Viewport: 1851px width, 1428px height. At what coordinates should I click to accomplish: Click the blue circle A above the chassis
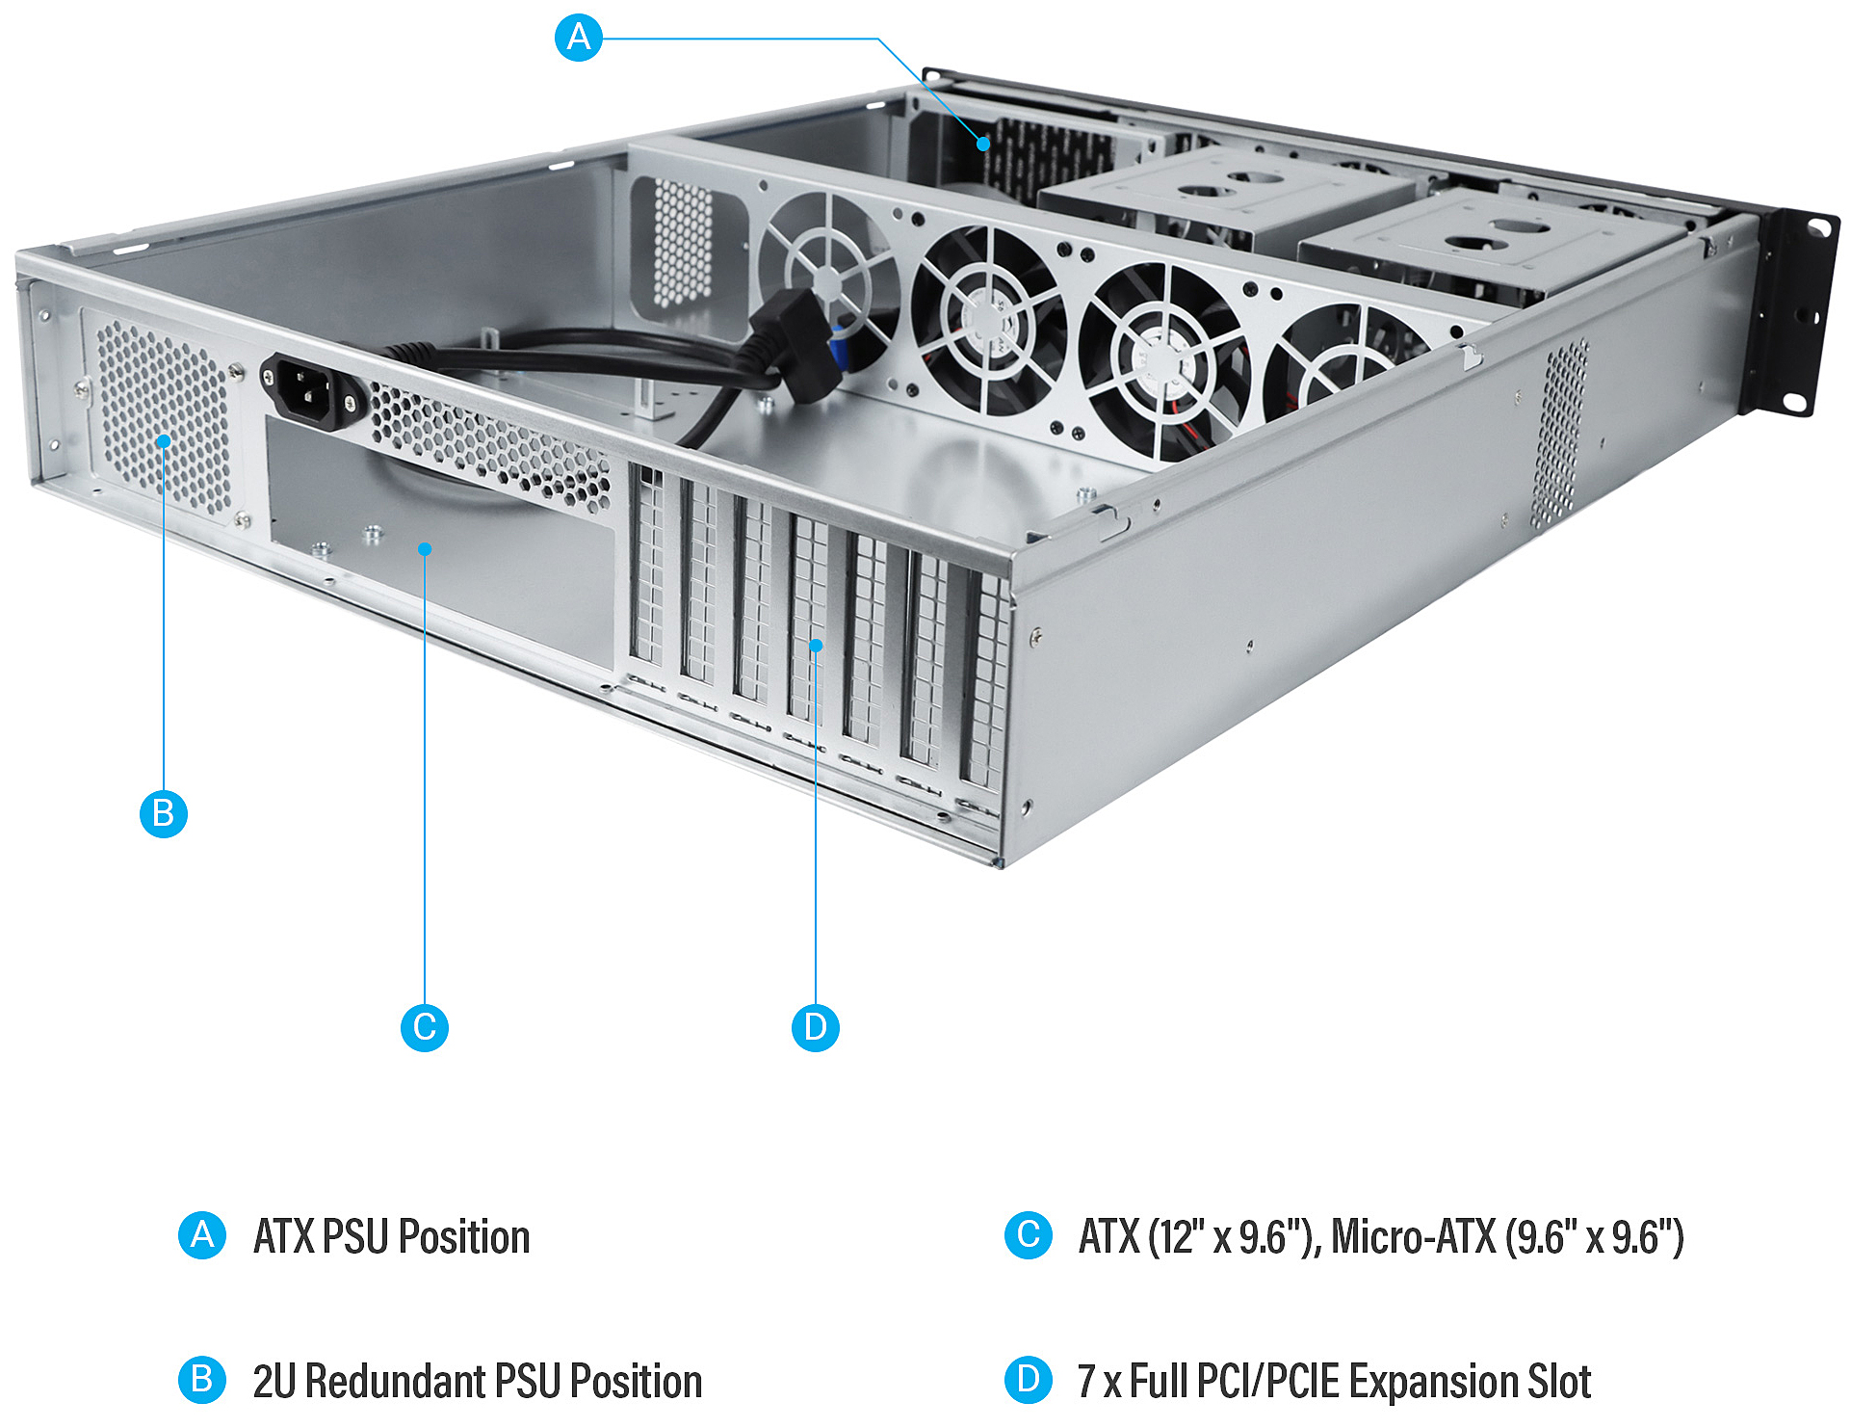point(579,38)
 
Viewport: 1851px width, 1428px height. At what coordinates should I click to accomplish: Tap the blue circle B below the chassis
point(164,813)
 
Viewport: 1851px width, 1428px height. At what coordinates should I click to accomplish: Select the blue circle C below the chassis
point(424,1027)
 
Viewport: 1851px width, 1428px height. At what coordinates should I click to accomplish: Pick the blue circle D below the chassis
point(815,1027)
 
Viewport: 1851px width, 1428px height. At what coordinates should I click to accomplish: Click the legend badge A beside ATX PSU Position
point(202,1235)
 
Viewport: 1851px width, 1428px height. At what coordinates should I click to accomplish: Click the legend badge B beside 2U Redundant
point(202,1380)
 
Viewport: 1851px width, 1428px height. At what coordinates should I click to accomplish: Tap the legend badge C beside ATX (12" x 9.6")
point(1028,1235)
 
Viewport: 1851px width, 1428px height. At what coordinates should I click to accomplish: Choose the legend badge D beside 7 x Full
point(1028,1380)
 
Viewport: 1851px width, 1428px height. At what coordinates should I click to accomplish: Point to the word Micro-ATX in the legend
point(1413,1237)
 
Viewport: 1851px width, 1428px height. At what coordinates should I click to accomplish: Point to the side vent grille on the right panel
point(1560,434)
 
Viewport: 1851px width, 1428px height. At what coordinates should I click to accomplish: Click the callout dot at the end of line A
point(983,144)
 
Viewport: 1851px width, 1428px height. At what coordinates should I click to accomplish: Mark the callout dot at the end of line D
point(816,645)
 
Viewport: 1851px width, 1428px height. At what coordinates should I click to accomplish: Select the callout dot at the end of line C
point(425,549)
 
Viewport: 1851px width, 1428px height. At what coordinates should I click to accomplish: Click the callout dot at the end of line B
point(165,441)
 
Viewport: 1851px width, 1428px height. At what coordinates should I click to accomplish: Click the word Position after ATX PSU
point(464,1237)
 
